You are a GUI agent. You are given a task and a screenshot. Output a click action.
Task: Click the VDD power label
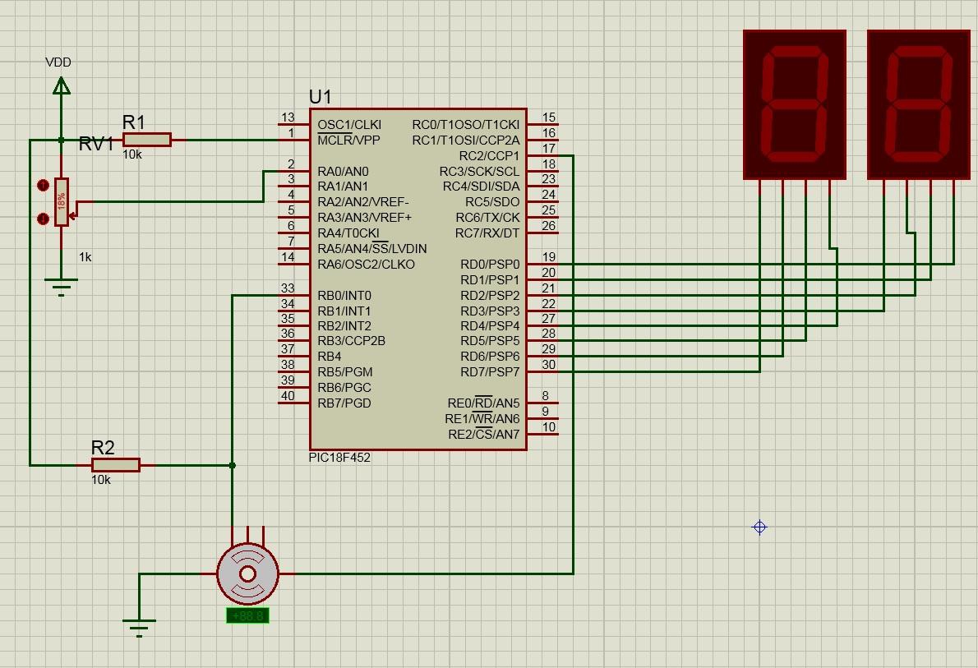[58, 62]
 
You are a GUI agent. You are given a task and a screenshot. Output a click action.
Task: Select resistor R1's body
[147, 140]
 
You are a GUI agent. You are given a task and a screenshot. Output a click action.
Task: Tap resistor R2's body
[115, 465]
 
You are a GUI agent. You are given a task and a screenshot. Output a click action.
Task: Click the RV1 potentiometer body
[62, 201]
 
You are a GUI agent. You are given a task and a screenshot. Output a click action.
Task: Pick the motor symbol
[247, 573]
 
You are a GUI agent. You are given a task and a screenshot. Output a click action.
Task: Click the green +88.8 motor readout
[247, 615]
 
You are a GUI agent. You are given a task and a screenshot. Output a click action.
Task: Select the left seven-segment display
[794, 104]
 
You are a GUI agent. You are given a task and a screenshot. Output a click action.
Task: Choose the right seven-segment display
[919, 104]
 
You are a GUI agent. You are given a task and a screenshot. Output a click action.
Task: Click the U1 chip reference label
[321, 97]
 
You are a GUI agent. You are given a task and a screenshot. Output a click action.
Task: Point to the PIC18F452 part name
[339, 458]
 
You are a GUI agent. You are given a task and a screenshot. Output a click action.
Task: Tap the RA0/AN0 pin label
[343, 172]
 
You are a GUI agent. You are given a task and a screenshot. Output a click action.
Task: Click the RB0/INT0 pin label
[344, 296]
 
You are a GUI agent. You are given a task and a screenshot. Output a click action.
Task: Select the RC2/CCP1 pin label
[489, 156]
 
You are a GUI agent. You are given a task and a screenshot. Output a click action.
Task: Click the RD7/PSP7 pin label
[490, 372]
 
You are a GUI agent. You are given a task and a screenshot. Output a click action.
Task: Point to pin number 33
[288, 288]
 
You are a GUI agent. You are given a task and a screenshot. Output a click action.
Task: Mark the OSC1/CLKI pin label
[349, 125]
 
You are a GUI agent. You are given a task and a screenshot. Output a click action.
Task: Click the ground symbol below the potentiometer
[61, 286]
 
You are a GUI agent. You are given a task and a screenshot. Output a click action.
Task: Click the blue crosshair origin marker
[759, 527]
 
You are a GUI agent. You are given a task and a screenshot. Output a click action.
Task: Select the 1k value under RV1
[85, 257]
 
